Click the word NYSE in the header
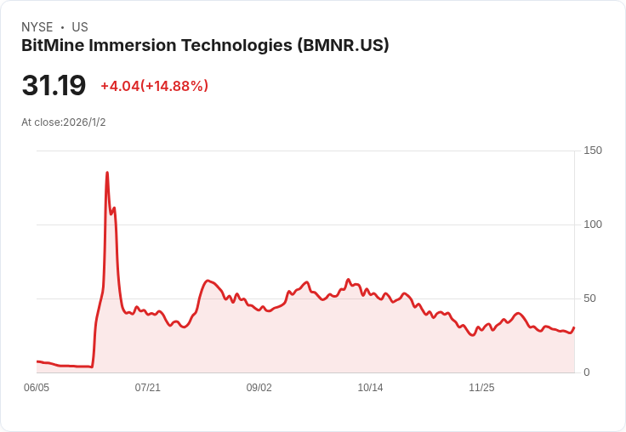(x=37, y=27)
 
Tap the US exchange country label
(x=80, y=27)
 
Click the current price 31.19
(x=54, y=86)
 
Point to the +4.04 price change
(x=120, y=86)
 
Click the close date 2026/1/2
(x=84, y=122)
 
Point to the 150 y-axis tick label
(x=593, y=151)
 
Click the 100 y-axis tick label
(x=593, y=225)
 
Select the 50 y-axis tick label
(x=589, y=298)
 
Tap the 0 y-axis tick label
(x=587, y=372)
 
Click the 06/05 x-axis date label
(x=37, y=388)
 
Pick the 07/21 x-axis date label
(x=148, y=388)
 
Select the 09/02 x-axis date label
(x=259, y=388)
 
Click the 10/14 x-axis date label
(x=370, y=388)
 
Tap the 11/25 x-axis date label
(x=481, y=388)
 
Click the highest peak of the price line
(x=107, y=173)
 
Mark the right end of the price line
(x=574, y=328)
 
